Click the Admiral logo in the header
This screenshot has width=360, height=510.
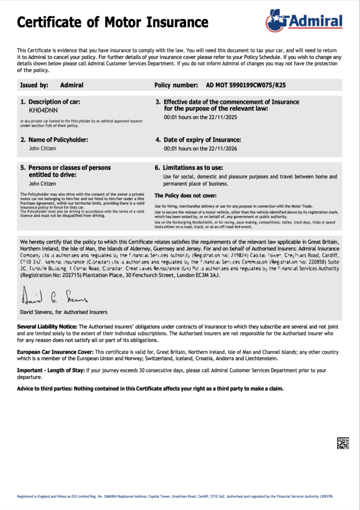304,20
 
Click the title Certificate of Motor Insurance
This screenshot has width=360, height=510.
112,22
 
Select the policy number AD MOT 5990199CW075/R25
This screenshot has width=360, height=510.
246,85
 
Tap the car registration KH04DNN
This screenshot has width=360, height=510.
43,111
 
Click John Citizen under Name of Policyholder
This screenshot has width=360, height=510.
43,148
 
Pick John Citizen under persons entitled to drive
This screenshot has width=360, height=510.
43,184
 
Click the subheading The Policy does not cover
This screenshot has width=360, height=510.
186,195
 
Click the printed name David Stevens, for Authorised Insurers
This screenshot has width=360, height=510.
63,312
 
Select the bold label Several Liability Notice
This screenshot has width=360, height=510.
47,327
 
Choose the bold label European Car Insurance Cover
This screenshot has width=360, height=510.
55,352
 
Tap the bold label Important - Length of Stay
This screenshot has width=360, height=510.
51,371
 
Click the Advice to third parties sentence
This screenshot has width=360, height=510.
150,389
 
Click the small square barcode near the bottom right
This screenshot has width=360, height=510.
343,443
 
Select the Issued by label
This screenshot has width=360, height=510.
34,85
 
